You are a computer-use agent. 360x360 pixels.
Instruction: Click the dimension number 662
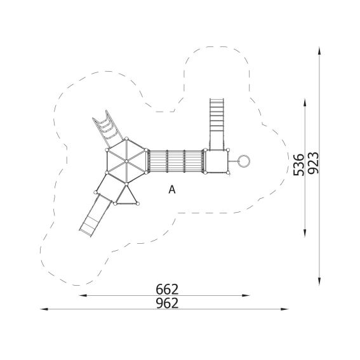[167, 290]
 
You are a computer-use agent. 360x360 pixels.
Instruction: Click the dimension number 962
[167, 303]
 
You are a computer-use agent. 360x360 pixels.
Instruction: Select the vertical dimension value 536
[298, 165]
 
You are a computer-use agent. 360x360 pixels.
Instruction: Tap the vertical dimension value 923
[314, 163]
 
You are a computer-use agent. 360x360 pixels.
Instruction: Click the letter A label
[172, 190]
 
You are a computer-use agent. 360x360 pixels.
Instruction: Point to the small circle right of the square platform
[244, 161]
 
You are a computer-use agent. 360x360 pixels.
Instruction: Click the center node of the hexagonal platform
[126, 161]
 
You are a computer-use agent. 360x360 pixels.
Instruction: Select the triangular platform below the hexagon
[126, 197]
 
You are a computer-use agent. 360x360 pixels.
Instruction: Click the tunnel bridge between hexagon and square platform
[176, 161]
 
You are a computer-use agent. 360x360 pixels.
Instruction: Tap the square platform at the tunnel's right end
[217, 161]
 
